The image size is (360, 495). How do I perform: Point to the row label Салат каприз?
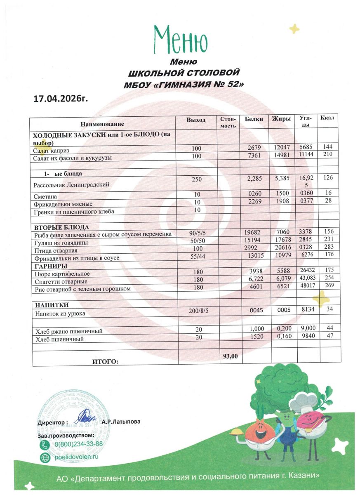pyautogui.click(x=51, y=151)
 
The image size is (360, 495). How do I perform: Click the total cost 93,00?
pyautogui.click(x=230, y=356)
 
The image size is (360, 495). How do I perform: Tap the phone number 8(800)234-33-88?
pyautogui.click(x=78, y=444)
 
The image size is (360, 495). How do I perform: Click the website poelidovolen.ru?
pyautogui.click(x=77, y=457)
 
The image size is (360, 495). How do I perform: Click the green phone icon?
pyautogui.click(x=44, y=445)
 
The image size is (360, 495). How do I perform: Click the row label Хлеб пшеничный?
pyautogui.click(x=59, y=339)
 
